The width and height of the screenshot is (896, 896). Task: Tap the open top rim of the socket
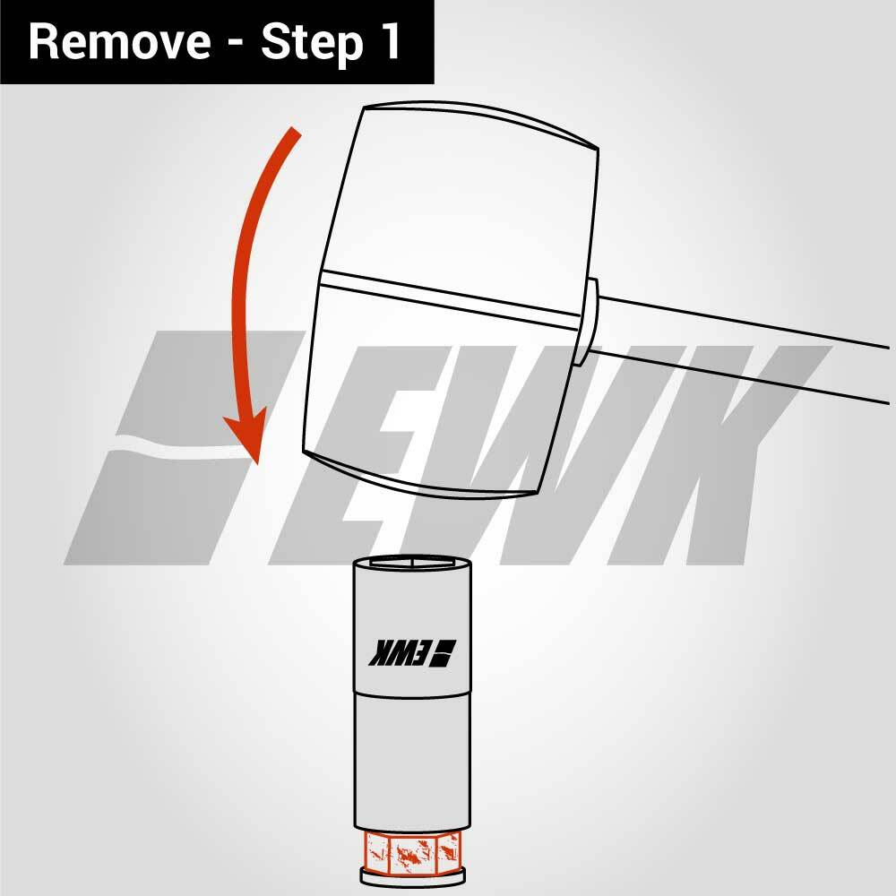(412, 563)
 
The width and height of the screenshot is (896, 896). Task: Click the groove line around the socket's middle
(412, 693)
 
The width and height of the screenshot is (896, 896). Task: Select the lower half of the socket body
(412, 762)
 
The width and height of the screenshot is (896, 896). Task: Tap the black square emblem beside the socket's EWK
(443, 651)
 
